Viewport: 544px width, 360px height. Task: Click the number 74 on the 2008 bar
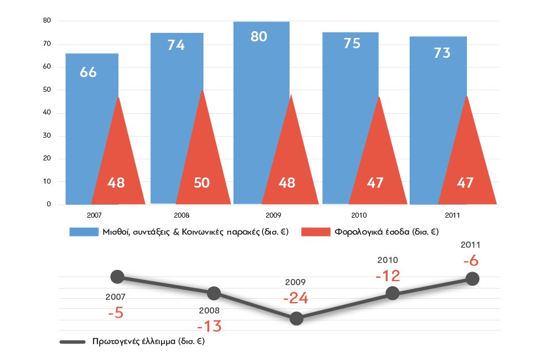pyautogui.click(x=176, y=45)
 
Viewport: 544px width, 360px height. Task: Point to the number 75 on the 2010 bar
pyautogui.click(x=352, y=44)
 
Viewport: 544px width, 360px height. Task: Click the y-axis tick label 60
pyautogui.click(x=47, y=67)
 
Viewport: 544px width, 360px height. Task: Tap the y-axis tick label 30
pyautogui.click(x=47, y=136)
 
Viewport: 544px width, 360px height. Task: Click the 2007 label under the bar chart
pyautogui.click(x=95, y=215)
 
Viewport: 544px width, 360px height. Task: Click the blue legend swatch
pyautogui.click(x=83, y=232)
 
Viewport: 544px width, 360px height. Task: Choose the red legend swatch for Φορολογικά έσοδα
pyautogui.click(x=315, y=232)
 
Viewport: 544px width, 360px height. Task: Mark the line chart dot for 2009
pyautogui.click(x=296, y=319)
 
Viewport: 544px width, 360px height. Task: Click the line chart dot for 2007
pyautogui.click(x=117, y=277)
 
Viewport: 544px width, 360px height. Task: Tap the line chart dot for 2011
pyautogui.click(x=472, y=279)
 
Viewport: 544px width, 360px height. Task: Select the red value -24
pyautogui.click(x=296, y=299)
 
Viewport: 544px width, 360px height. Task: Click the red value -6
pyautogui.click(x=471, y=261)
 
